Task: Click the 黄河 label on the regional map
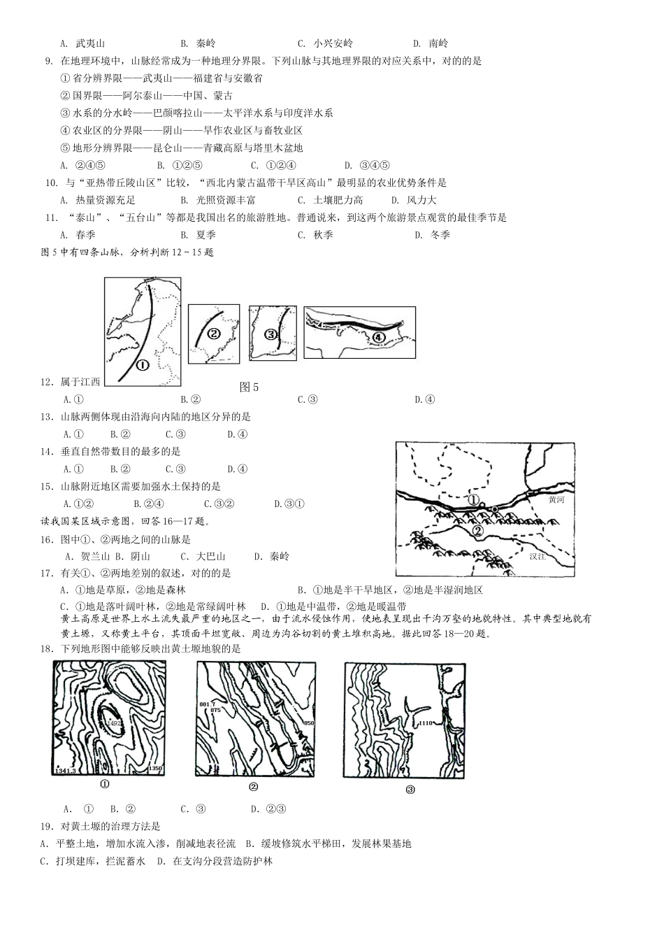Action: [556, 500]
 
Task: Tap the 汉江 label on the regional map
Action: [537, 556]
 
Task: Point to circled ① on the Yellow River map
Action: [474, 501]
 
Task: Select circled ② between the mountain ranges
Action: [477, 531]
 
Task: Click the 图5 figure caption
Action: [250, 387]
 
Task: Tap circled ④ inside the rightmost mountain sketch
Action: [378, 338]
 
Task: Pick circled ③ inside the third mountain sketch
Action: [271, 335]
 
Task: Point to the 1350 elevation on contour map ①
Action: [155, 769]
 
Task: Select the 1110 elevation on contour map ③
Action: [427, 722]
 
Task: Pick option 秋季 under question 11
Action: [323, 235]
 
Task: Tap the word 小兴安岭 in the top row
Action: [333, 43]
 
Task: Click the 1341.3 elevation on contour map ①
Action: [65, 770]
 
